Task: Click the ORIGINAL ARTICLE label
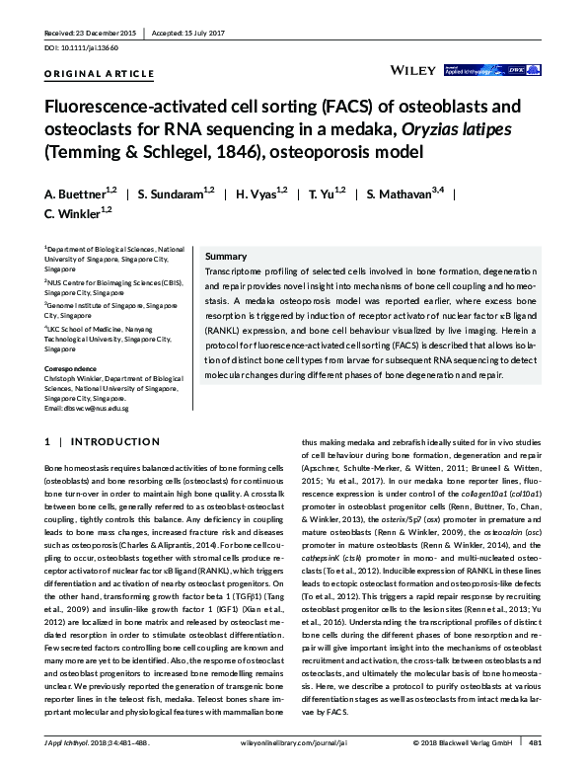click(100, 74)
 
